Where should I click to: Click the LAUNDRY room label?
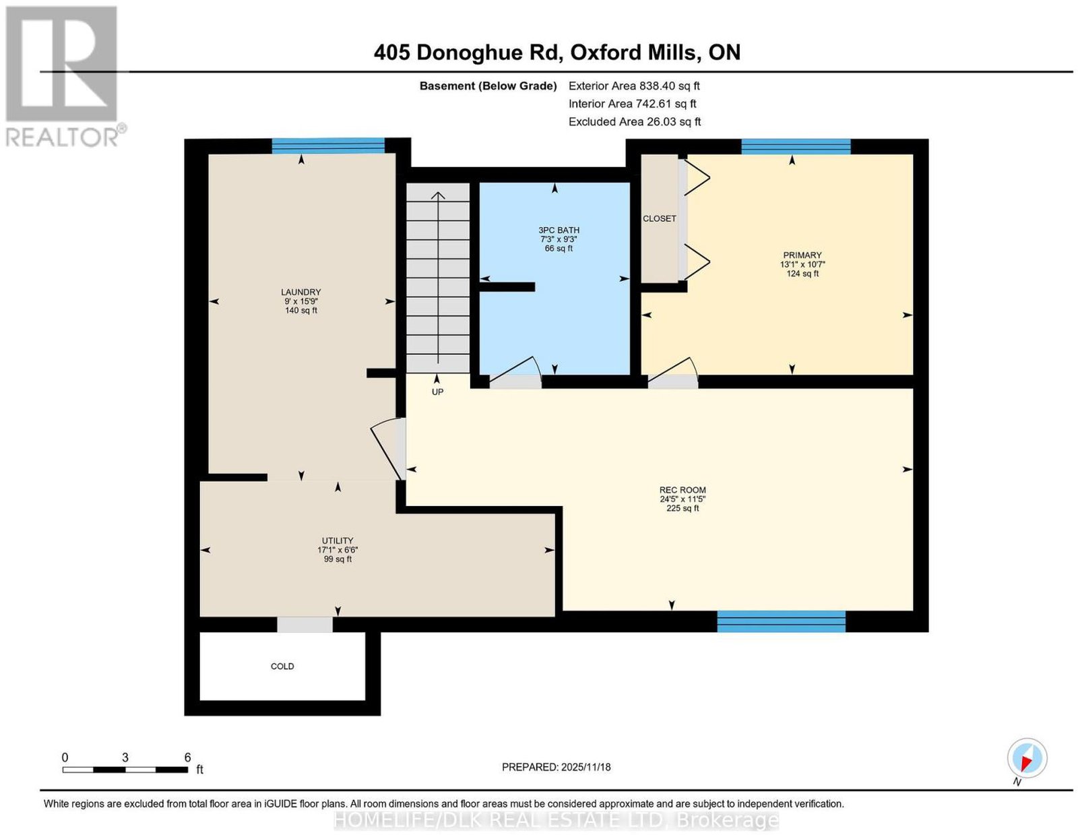click(x=300, y=292)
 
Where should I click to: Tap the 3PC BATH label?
click(x=559, y=230)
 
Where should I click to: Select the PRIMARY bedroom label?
click(x=802, y=255)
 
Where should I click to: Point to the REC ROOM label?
click(x=683, y=490)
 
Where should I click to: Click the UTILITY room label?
click(x=338, y=540)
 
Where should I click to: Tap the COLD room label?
click(x=282, y=667)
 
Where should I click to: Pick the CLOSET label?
click(x=660, y=219)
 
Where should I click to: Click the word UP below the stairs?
click(x=437, y=392)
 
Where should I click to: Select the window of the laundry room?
click(x=328, y=146)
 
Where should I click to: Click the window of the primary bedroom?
click(x=796, y=147)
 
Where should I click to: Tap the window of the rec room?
click(x=781, y=621)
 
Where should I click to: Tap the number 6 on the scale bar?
click(x=187, y=757)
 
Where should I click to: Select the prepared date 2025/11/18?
click(x=586, y=767)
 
